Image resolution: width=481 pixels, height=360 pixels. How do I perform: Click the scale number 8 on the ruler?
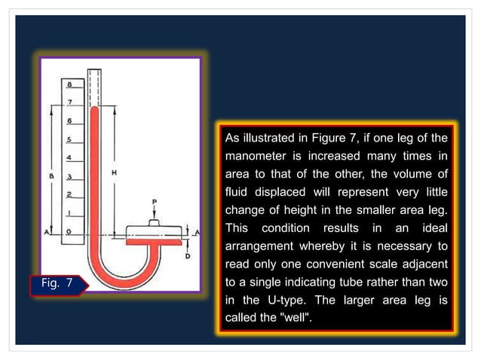point(69,84)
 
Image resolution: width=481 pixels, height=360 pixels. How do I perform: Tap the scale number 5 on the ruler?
point(69,139)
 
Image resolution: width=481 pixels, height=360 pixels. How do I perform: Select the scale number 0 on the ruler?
point(69,233)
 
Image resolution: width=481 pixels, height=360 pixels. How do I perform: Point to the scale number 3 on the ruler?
point(69,177)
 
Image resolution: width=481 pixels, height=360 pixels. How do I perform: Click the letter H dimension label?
point(114,172)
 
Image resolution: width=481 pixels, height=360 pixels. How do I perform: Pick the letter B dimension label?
point(51,176)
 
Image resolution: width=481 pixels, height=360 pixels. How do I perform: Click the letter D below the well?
point(186,256)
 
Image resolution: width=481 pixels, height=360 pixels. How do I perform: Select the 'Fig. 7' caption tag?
point(55,285)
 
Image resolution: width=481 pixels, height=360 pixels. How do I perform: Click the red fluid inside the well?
point(154,243)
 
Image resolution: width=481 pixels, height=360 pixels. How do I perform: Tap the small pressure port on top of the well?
point(154,222)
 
